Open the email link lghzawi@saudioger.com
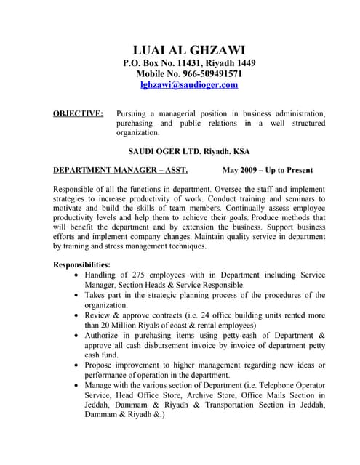[189, 85]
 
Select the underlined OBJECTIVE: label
[79, 114]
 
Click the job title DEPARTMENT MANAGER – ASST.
[121, 171]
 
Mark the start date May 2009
[243, 171]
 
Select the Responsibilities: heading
[82, 264]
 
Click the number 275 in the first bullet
[140, 275]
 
